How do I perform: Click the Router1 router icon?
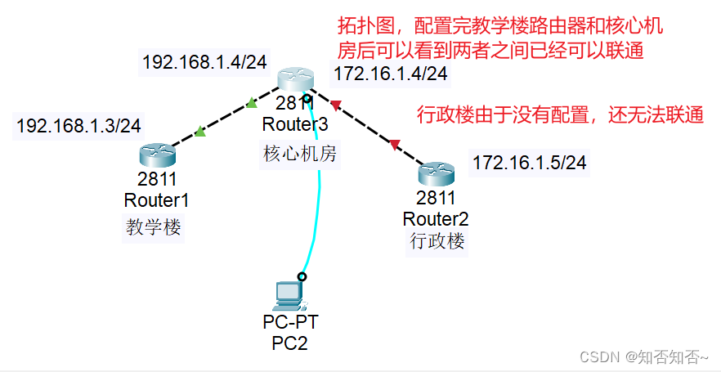pyautogui.click(x=152, y=154)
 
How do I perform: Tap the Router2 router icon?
pyautogui.click(x=436, y=173)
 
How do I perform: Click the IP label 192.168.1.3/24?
pyautogui.click(x=78, y=125)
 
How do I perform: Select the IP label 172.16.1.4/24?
pyautogui.click(x=391, y=74)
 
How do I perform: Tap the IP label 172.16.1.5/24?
pyautogui.click(x=529, y=162)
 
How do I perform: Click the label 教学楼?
pyautogui.click(x=153, y=226)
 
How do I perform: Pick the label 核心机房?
pyautogui.click(x=299, y=154)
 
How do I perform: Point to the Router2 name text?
pyautogui.click(x=436, y=218)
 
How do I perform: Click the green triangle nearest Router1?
pyautogui.click(x=199, y=131)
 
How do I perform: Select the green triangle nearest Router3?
pyautogui.click(x=252, y=103)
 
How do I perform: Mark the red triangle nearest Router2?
pyautogui.click(x=395, y=145)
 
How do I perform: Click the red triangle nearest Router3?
pyautogui.click(x=334, y=105)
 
